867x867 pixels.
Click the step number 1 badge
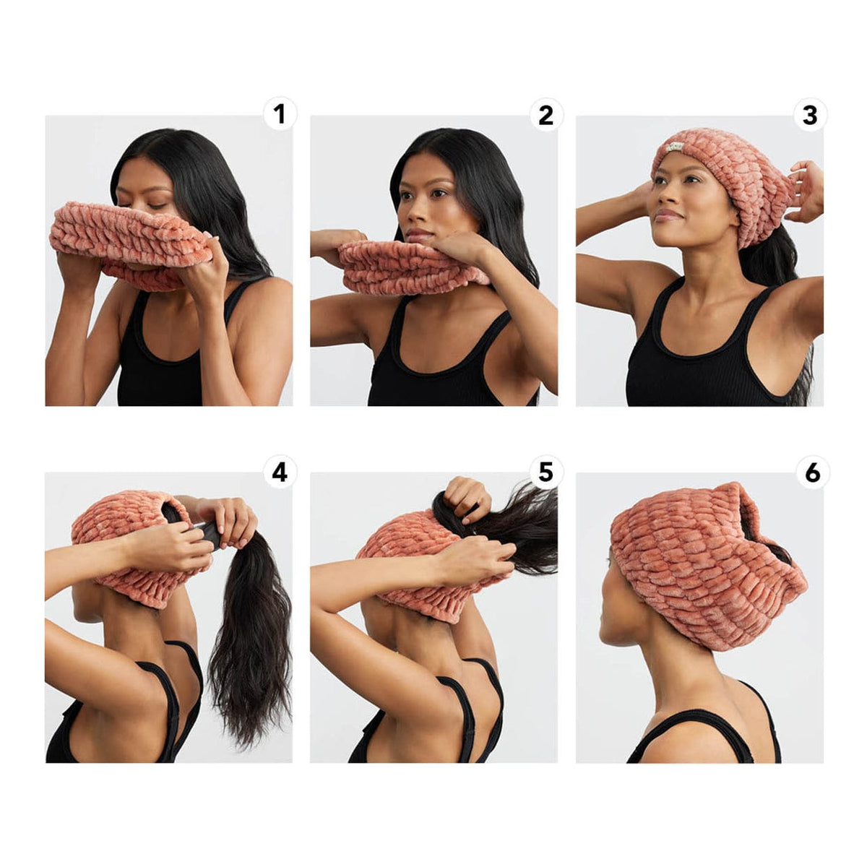(280, 114)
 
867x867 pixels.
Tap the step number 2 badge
(545, 114)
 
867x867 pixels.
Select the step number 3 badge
(810, 114)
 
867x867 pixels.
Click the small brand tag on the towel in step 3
(674, 147)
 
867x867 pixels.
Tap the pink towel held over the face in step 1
(131, 245)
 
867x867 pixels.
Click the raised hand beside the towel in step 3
(803, 191)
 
